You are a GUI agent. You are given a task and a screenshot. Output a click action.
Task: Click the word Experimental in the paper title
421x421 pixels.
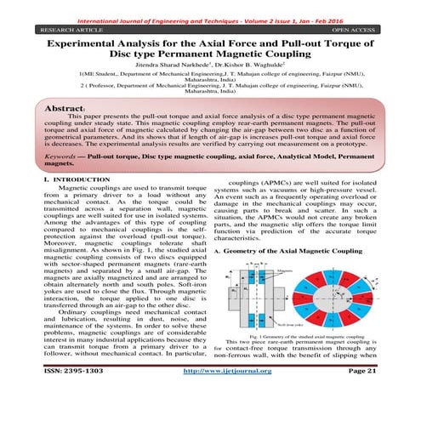coord(82,41)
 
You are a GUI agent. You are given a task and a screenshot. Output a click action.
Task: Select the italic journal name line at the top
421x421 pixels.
coord(210,5)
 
